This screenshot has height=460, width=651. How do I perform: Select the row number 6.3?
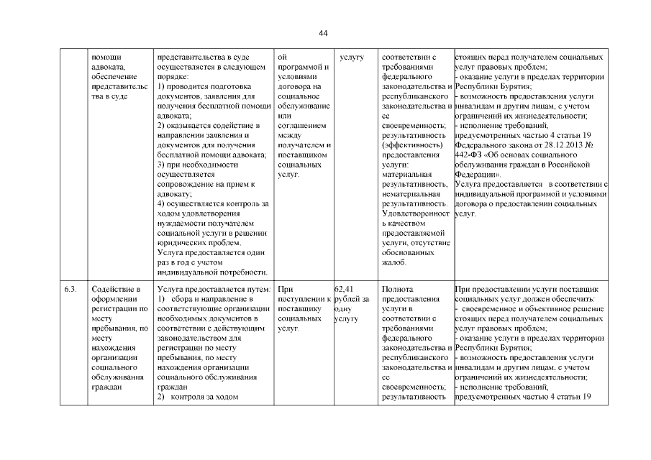[x=70, y=290]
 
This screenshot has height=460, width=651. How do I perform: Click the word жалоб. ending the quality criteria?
[x=394, y=263]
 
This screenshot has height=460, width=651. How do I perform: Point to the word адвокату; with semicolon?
[x=174, y=194]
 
